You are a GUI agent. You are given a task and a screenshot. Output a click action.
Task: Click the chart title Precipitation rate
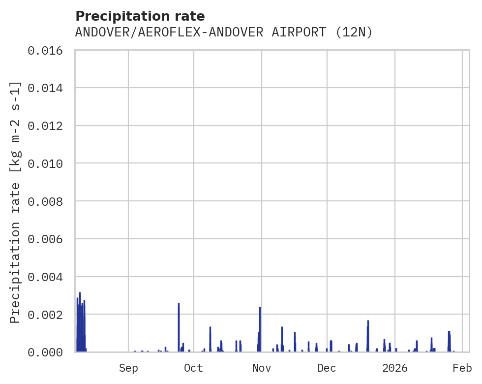[x=140, y=16]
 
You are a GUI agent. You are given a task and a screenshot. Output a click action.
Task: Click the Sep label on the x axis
[x=128, y=368]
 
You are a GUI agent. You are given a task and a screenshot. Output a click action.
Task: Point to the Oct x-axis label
[x=194, y=368]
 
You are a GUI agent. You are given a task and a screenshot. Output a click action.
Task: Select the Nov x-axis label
[x=261, y=368]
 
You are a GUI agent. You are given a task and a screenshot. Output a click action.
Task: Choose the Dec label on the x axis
[x=327, y=368]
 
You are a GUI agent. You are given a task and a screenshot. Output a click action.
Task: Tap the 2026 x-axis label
[x=395, y=368]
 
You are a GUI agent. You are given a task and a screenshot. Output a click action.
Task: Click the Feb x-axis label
[x=462, y=368]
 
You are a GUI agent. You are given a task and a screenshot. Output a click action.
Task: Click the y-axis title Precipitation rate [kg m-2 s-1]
[x=16, y=202]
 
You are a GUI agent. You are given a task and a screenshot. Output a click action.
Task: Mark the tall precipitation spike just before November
[x=260, y=325]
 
